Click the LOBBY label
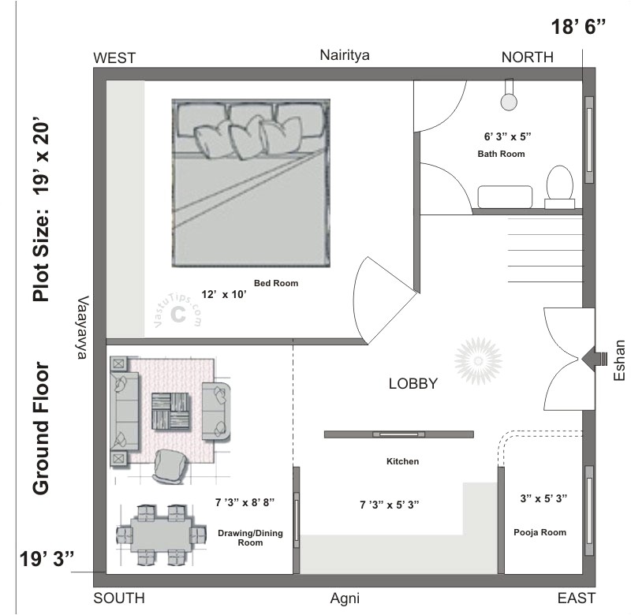click(413, 384)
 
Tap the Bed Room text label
click(275, 283)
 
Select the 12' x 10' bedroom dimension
click(223, 294)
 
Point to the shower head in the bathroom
click(510, 100)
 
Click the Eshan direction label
click(619, 360)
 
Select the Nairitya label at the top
click(345, 55)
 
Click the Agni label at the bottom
click(345, 598)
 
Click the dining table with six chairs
click(155, 535)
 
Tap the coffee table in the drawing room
click(171, 411)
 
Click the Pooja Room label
click(539, 532)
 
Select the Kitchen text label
click(401, 461)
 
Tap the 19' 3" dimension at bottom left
click(47, 559)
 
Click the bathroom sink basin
click(504, 196)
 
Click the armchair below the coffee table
click(169, 465)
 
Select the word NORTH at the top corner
click(527, 58)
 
